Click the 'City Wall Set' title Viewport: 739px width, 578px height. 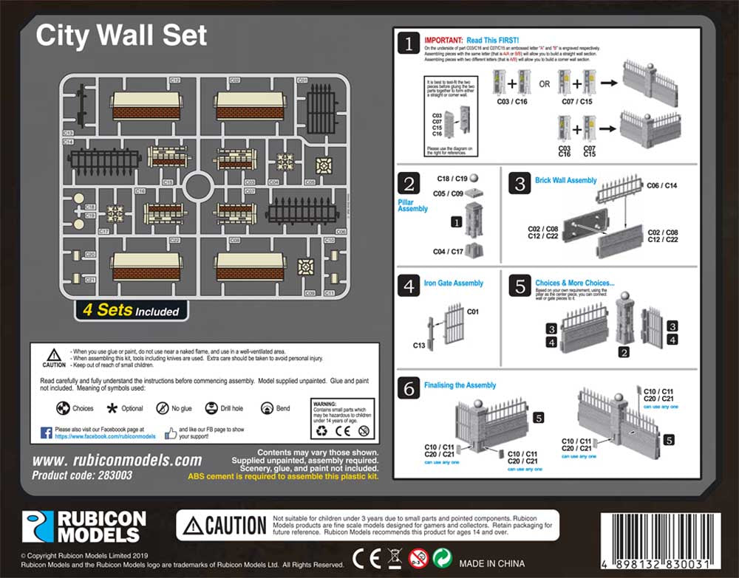pyautogui.click(x=122, y=35)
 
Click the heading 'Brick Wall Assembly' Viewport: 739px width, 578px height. pyautogui.click(x=566, y=180)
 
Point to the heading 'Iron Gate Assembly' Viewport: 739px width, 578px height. pyautogui.click(x=454, y=283)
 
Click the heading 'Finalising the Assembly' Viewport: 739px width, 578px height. pyautogui.click(x=460, y=385)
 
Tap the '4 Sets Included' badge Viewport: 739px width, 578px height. pyautogui.click(x=131, y=310)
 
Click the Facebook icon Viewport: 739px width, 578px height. pyautogui.click(x=45, y=433)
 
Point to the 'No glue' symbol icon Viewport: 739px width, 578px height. pyautogui.click(x=163, y=408)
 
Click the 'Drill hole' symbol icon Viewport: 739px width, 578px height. pyautogui.click(x=211, y=408)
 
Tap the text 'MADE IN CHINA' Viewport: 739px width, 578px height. pyautogui.click(x=491, y=563)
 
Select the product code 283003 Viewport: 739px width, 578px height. pyautogui.click(x=82, y=475)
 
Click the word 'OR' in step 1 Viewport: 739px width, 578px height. pyautogui.click(x=544, y=83)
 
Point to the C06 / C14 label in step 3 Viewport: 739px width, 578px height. pyautogui.click(x=661, y=185)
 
